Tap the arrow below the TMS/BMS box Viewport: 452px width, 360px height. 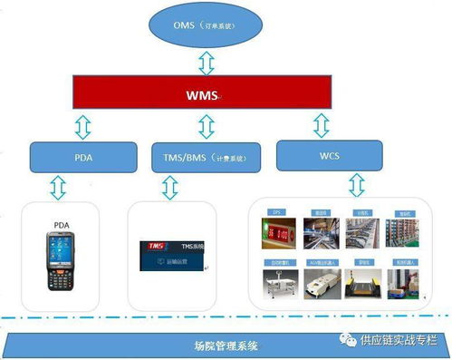coord(169,187)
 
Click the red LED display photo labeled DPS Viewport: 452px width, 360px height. coord(275,230)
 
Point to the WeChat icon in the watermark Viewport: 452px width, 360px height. coord(348,340)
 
